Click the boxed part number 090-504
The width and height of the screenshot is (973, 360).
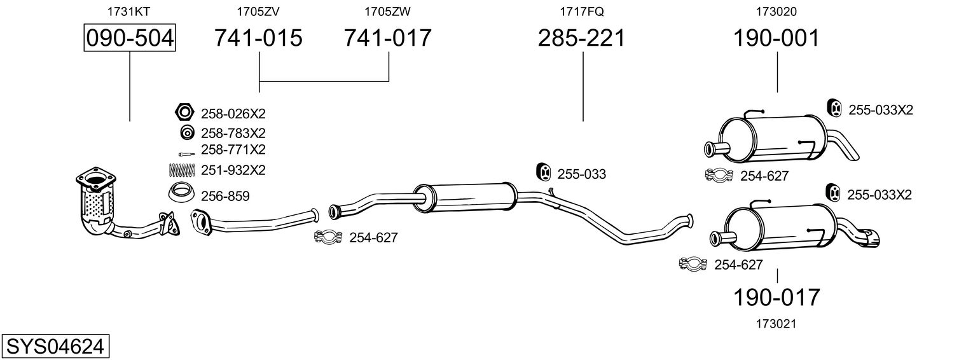(130, 38)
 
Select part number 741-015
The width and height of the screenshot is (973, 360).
(258, 38)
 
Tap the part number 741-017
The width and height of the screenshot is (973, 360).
(387, 38)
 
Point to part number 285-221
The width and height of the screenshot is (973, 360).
(581, 38)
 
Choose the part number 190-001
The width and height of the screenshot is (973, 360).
(776, 38)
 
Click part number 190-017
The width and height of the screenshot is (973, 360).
(776, 298)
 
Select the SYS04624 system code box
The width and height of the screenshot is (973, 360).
(55, 347)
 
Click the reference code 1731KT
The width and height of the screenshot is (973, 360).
(128, 11)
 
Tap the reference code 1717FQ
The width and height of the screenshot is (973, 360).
(582, 11)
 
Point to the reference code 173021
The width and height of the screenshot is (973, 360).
(776, 324)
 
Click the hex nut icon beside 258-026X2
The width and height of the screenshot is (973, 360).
(184, 113)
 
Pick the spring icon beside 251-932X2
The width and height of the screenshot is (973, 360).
(181, 170)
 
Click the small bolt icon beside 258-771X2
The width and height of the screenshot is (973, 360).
(186, 154)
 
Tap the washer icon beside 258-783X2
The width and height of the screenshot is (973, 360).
(187, 132)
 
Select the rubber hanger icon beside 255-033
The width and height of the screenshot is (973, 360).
(543, 172)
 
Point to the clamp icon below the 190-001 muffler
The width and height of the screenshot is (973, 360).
(719, 175)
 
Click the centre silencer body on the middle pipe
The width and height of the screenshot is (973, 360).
(465, 197)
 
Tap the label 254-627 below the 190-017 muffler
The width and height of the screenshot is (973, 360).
(738, 265)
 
